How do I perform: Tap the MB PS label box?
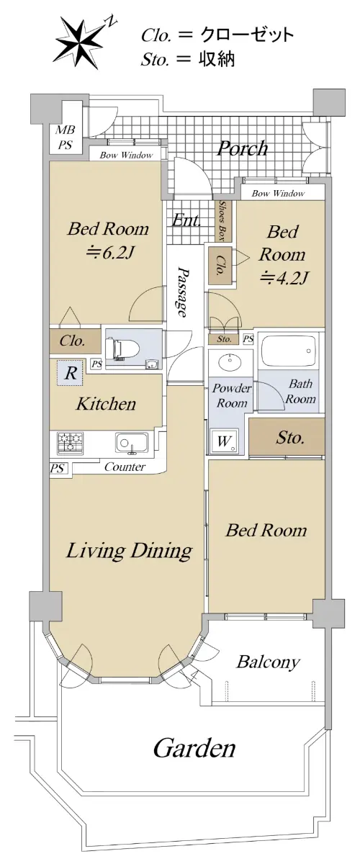coord(65,138)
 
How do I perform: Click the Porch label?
coord(243,148)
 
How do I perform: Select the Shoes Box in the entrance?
coord(223,221)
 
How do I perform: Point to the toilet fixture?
coord(122,348)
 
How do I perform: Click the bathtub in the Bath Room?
coord(289,351)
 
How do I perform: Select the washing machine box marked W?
coord(224,441)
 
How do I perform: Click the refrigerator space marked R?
coord(71,373)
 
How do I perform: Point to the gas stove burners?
coord(71,442)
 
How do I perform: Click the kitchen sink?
coord(132,442)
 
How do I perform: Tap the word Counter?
coord(125,467)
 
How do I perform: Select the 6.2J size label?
coord(110,253)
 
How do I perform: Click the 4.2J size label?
coord(284,277)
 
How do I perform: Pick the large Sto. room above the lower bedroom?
coord(287,438)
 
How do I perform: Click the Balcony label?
coord(268,662)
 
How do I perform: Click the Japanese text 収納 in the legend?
coord(217,59)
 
